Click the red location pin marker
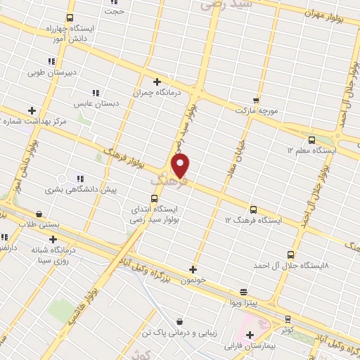pyautogui.click(x=181, y=165)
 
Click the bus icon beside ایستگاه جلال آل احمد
pyautogui.click(x=291, y=255)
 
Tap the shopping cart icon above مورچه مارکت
pyautogui.click(x=256, y=100)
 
